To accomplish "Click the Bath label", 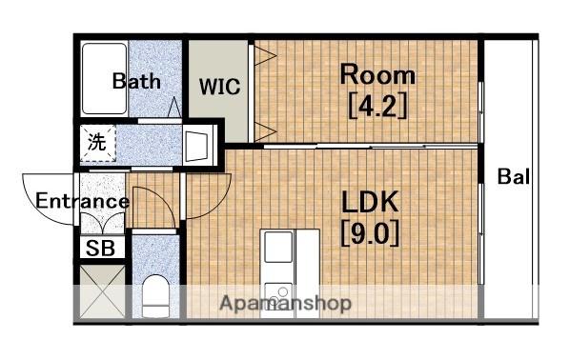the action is (x=136, y=81).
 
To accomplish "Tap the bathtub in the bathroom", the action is (x=104, y=78).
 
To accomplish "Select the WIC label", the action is (x=219, y=87).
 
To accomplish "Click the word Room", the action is (x=377, y=74).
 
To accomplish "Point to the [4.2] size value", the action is (x=377, y=106).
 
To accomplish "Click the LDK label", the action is (x=370, y=202).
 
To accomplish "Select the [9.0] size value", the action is (x=370, y=232).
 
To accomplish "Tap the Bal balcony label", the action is (x=513, y=176).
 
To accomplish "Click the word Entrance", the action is (x=82, y=201).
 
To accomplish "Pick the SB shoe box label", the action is (x=100, y=249).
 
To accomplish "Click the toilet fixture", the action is (x=155, y=295).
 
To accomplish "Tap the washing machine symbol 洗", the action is (x=97, y=142).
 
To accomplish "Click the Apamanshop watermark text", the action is (x=285, y=303).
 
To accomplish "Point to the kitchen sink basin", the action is (x=278, y=247).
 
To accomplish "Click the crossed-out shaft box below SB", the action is (x=102, y=291).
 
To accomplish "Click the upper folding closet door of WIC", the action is (x=265, y=55).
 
